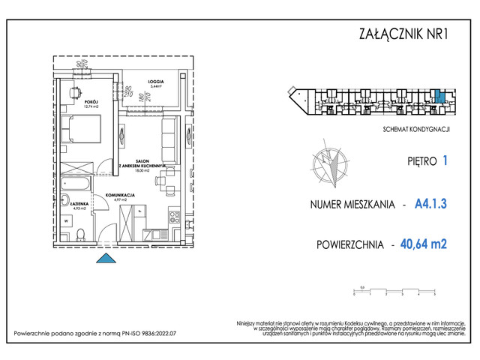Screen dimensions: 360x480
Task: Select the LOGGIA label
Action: [x=155, y=79]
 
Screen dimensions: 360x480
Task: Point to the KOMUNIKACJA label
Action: [x=118, y=194]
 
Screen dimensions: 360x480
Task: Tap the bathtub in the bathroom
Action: [x=76, y=182]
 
